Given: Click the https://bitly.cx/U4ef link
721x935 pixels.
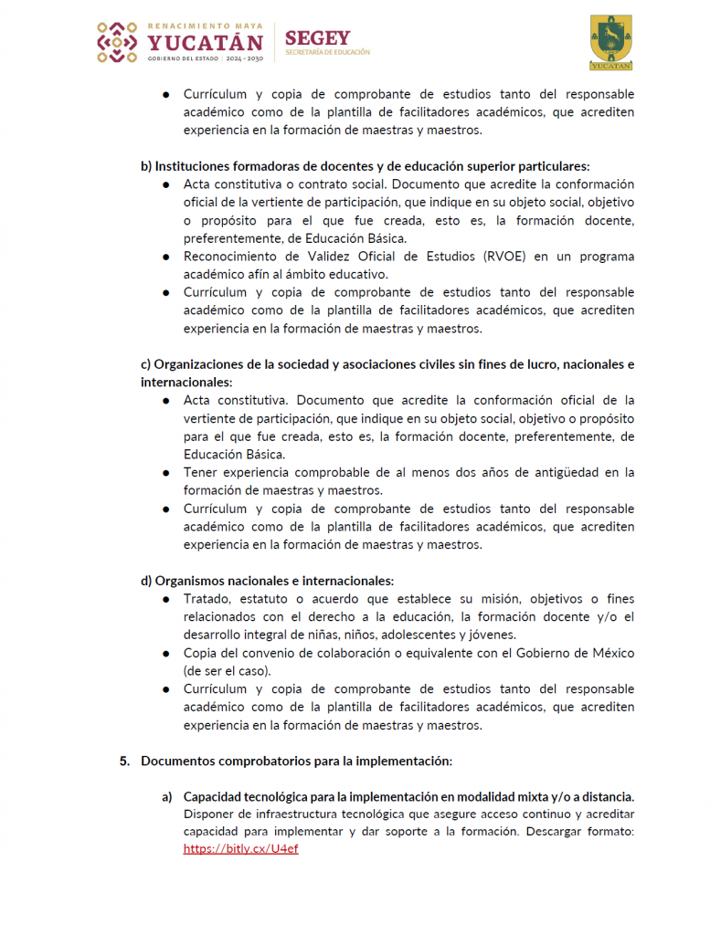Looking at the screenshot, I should (240, 848).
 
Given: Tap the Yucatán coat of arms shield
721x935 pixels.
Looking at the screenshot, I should (610, 38).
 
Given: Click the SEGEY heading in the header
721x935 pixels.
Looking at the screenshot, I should (317, 37).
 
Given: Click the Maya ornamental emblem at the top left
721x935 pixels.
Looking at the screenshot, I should (117, 42).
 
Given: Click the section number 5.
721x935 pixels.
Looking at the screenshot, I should (124, 761).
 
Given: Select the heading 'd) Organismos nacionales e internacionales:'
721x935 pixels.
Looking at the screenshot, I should (267, 581).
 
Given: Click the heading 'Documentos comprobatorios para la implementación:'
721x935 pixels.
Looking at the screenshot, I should (297, 761).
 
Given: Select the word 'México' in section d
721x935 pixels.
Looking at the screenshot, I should (612, 653).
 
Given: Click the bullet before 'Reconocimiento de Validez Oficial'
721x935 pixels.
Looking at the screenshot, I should (166, 257).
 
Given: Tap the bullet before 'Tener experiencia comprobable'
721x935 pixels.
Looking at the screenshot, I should (166, 473).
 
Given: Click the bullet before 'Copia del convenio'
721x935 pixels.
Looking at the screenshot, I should (166, 654).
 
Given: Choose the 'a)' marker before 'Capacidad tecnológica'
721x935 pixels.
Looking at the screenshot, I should (168, 796).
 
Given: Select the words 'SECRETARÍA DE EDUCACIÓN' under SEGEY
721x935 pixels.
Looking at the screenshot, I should (327, 53).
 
